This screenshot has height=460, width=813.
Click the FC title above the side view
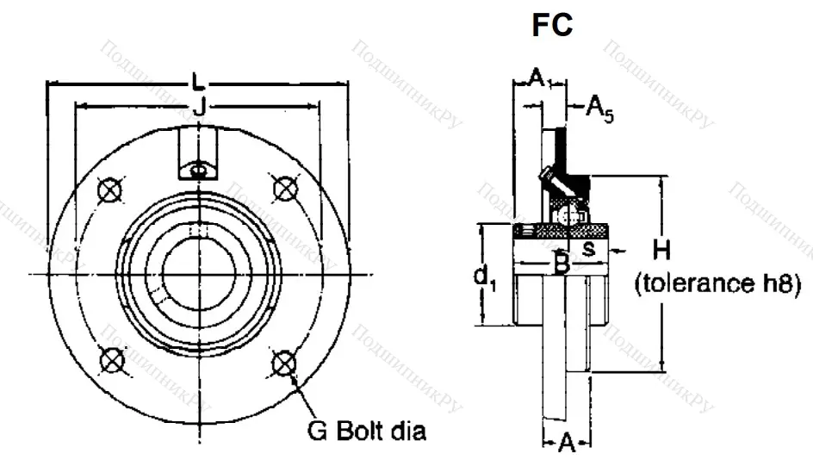click(x=552, y=26)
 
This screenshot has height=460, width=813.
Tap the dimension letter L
click(x=199, y=84)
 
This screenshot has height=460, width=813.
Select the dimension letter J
click(x=198, y=107)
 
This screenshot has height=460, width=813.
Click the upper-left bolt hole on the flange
click(x=109, y=190)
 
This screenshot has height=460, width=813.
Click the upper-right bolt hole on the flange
click(x=283, y=187)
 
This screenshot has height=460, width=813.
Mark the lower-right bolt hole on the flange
click(x=283, y=363)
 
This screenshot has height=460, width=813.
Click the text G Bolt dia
click(x=366, y=429)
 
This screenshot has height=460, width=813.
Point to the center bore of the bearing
click(x=199, y=274)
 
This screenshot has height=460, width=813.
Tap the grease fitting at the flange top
click(x=199, y=170)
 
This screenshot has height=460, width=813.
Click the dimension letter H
click(x=661, y=251)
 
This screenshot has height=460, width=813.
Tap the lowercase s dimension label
click(x=589, y=249)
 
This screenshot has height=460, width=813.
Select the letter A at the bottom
click(x=566, y=443)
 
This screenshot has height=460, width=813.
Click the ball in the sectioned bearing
click(x=565, y=215)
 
